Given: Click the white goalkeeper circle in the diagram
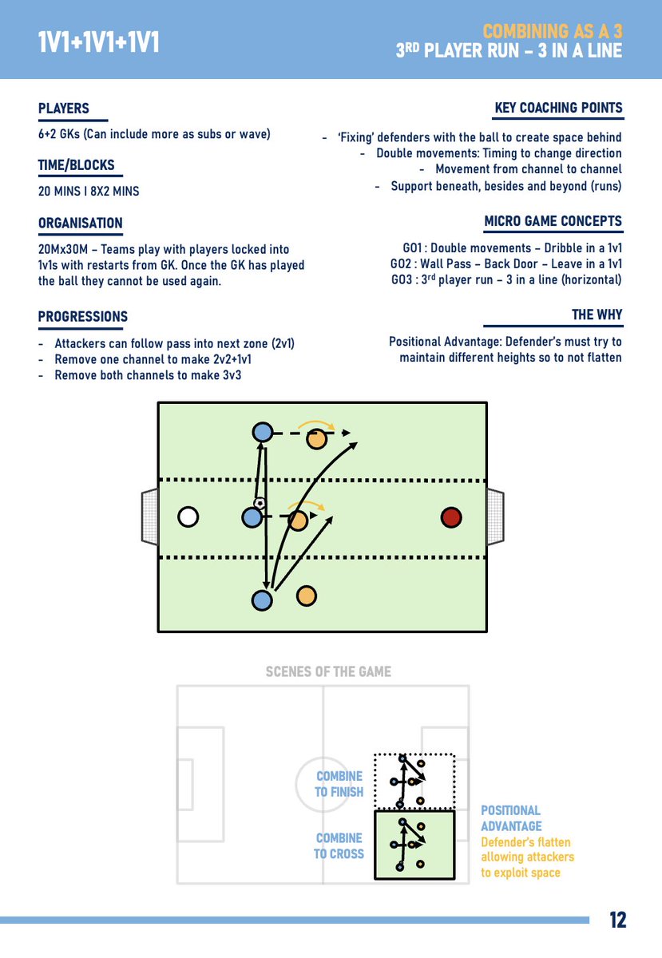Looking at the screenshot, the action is click(188, 517).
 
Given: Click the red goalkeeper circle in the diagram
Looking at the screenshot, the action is click(451, 517).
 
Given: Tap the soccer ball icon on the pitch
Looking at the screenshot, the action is click(260, 503).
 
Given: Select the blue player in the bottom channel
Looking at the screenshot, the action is click(262, 600).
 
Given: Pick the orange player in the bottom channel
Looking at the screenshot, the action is click(307, 596).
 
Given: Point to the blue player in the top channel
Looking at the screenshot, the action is click(262, 432).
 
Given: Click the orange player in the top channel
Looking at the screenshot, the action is click(317, 439).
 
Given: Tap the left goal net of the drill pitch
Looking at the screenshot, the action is click(150, 517).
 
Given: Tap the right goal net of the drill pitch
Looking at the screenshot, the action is click(495, 517).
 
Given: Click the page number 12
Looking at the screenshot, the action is click(617, 920).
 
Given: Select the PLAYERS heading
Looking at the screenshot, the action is click(64, 109).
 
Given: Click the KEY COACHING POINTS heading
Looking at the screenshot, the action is click(558, 107).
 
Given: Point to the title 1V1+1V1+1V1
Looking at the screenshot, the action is click(98, 42).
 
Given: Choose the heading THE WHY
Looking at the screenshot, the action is click(597, 315).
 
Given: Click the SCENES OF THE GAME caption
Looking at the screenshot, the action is click(328, 671).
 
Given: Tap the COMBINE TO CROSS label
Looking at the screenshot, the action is click(339, 845).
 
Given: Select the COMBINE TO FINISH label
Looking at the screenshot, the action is click(339, 783).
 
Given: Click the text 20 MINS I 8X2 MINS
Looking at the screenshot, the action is click(89, 191).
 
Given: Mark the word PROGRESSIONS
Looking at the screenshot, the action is click(83, 316).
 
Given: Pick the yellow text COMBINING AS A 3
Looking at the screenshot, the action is click(553, 31).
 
